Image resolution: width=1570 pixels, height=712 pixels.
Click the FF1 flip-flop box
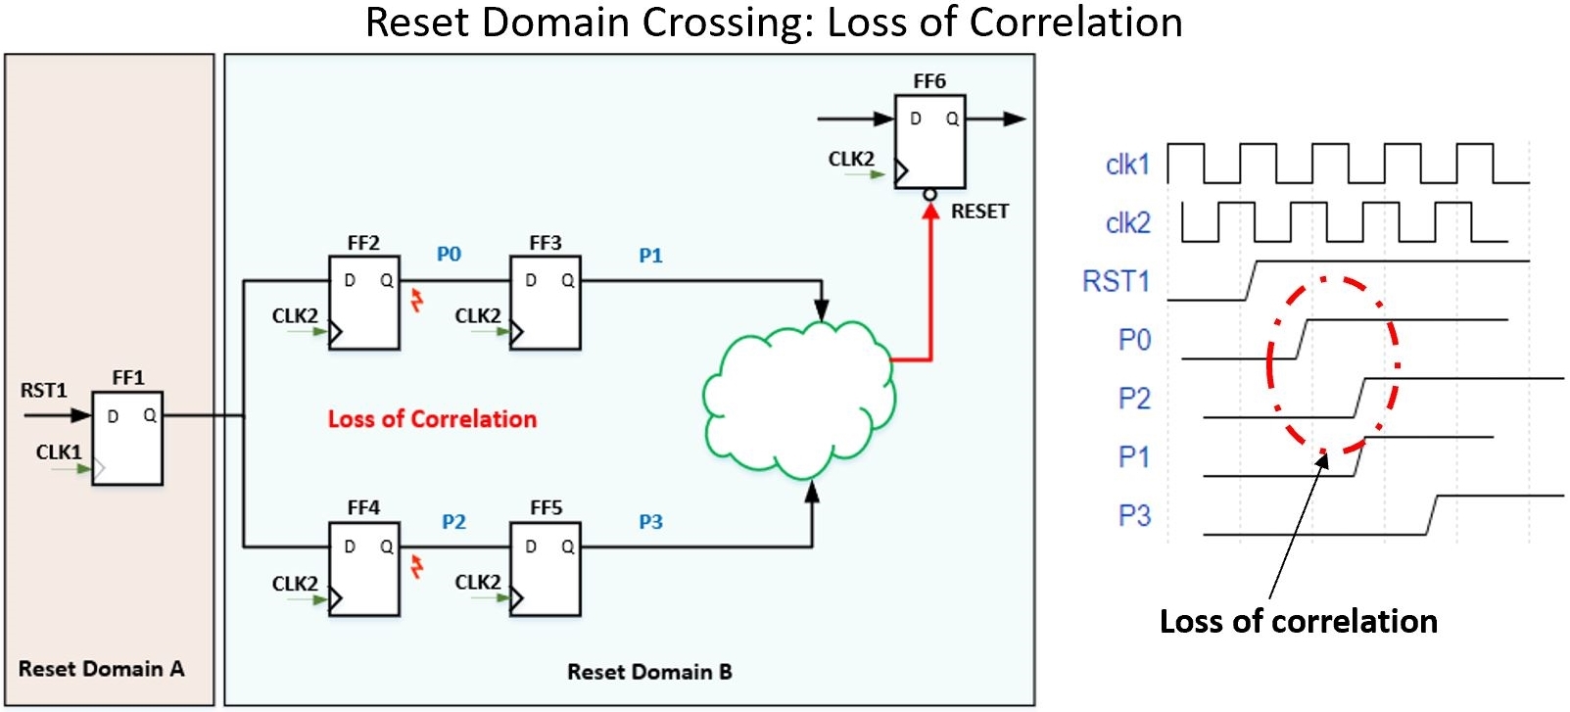tap(127, 438)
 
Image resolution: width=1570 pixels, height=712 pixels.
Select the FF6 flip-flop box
tap(929, 141)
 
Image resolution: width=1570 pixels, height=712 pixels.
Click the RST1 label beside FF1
tap(44, 391)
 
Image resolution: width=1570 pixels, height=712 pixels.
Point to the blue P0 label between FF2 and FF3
tap(449, 255)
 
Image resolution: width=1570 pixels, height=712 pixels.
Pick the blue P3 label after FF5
tap(650, 522)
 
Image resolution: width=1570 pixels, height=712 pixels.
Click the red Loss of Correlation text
tap(432, 419)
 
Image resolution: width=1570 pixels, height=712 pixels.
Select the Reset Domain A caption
tap(101, 669)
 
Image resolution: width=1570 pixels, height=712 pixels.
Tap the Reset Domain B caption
tap(649, 672)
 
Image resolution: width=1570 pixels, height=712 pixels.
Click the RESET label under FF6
tap(979, 212)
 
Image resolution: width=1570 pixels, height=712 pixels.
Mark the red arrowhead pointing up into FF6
tap(930, 210)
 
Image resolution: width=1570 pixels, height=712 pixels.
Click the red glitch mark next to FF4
tap(417, 566)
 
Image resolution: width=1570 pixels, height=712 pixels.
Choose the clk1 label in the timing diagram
tap(1127, 165)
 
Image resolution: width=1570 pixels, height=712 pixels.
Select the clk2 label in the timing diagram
tap(1127, 223)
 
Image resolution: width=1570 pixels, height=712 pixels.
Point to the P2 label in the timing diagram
tap(1134, 399)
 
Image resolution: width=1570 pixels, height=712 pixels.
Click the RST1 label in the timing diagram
tap(1116, 282)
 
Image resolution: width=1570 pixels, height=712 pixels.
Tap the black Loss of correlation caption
tap(1298, 621)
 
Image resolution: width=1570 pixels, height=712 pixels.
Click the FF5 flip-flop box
tap(545, 569)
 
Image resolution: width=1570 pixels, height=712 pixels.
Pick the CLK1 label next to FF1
tap(59, 452)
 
